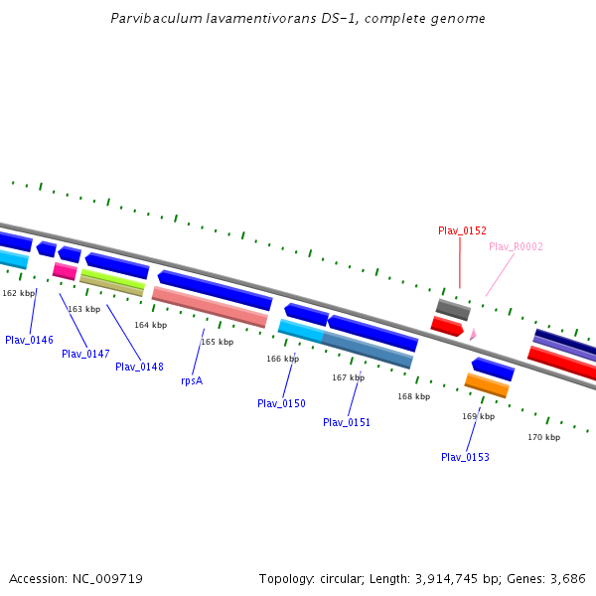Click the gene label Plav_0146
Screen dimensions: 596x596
(x=29, y=340)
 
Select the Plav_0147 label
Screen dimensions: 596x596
(x=85, y=354)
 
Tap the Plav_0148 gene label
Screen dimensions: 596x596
(x=139, y=367)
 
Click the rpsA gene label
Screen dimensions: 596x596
(x=192, y=380)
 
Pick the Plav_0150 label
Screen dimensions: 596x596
(x=281, y=403)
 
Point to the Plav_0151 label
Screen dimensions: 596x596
(x=347, y=422)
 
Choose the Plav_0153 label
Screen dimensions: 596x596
(x=465, y=457)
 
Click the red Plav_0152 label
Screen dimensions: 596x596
(x=462, y=230)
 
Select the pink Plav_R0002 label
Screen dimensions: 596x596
(x=516, y=246)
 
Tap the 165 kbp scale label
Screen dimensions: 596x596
(x=217, y=342)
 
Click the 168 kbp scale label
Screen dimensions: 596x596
(x=413, y=396)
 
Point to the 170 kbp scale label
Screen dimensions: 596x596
(x=543, y=437)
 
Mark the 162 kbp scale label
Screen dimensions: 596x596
(x=18, y=293)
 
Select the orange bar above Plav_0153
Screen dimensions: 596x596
(x=487, y=384)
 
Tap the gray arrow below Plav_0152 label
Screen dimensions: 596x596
(x=453, y=309)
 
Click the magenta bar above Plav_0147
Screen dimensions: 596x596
(x=65, y=271)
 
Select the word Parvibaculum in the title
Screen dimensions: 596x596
(x=150, y=19)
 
